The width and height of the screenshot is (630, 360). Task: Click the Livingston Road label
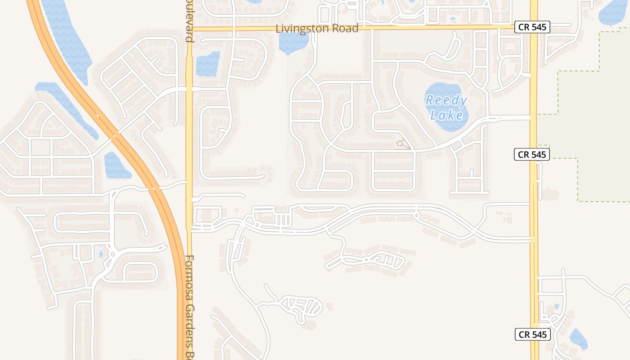coord(317,28)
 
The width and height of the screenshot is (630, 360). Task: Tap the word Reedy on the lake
coord(446,100)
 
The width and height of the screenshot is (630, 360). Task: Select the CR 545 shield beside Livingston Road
coord(532,27)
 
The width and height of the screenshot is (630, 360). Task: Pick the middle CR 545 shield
coord(532,154)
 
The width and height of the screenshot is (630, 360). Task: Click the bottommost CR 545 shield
coord(533,334)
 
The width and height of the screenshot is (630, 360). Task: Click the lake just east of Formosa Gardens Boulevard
coord(207,63)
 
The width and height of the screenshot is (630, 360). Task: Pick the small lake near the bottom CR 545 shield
coord(578,339)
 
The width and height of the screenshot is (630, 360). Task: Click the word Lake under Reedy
coord(446,115)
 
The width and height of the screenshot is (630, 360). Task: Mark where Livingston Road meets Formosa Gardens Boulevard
coord(189,28)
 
